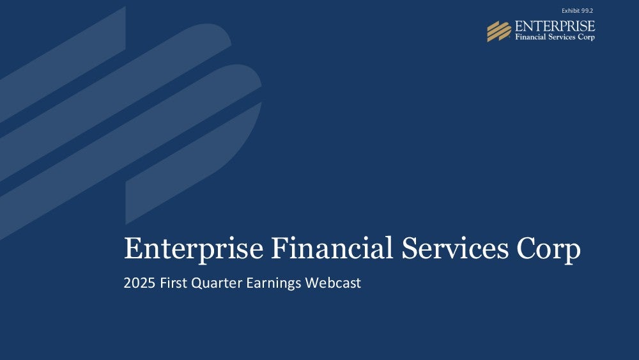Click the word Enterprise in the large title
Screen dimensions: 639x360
(x=194, y=249)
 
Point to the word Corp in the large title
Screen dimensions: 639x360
(x=548, y=249)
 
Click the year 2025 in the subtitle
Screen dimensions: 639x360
(x=139, y=283)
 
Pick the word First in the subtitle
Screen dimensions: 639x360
(x=173, y=283)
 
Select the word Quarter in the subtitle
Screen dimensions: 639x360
(x=217, y=283)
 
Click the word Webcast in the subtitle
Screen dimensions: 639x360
(x=333, y=283)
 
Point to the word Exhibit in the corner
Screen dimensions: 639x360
(x=571, y=11)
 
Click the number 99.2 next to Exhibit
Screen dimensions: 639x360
(x=587, y=11)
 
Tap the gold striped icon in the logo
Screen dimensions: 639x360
(x=499, y=31)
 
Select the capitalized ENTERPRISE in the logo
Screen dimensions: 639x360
(x=555, y=26)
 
